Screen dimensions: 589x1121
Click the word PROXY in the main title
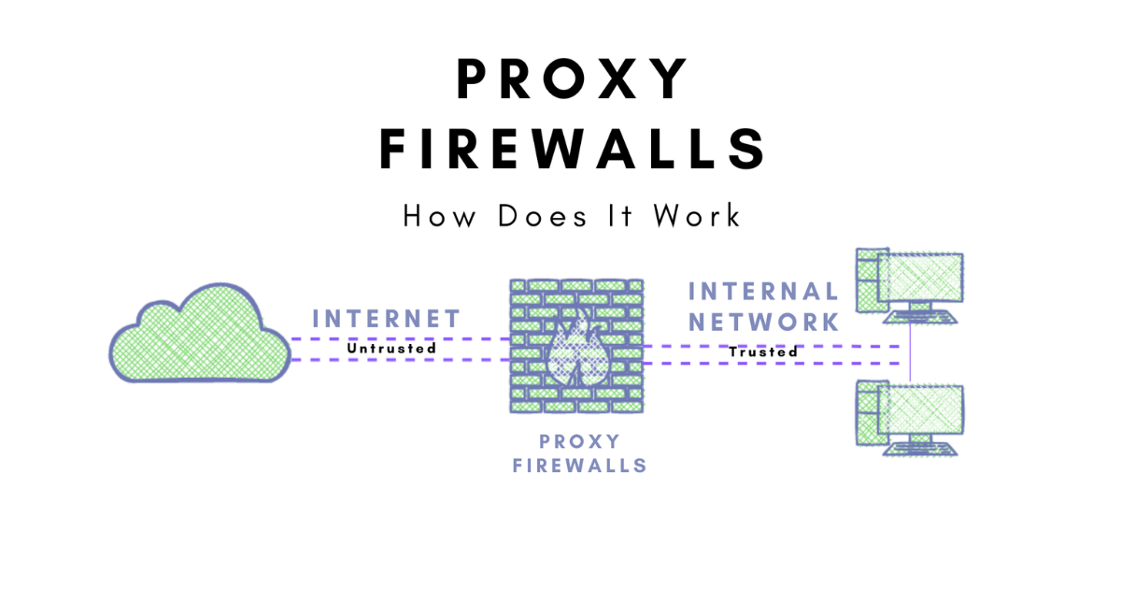[x=573, y=79]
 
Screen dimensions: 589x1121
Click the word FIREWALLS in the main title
[x=573, y=150]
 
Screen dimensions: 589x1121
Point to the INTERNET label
[x=387, y=318]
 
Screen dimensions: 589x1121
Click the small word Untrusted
[x=391, y=349]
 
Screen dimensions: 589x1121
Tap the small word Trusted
[x=763, y=352]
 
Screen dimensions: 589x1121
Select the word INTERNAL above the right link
[x=763, y=292]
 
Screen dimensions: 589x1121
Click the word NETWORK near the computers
[x=763, y=323]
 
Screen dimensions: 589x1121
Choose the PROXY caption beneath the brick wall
[x=579, y=441]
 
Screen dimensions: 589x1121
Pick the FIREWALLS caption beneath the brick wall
[x=579, y=465]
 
